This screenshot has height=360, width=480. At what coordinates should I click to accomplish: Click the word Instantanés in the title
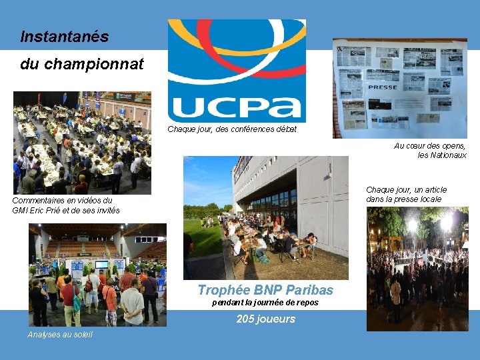64,37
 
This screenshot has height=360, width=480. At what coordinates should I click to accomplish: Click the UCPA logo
236,70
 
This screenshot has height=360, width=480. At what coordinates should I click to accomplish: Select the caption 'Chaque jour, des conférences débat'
232,129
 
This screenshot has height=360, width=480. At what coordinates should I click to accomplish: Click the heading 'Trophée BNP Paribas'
265,290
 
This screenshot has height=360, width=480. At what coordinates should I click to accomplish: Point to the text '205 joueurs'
265,319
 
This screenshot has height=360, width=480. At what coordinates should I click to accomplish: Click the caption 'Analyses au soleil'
60,334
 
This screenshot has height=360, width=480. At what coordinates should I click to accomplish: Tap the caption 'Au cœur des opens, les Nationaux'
430,150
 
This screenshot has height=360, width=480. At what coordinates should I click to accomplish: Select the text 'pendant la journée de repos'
265,303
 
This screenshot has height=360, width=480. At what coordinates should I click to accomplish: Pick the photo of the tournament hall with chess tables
82,142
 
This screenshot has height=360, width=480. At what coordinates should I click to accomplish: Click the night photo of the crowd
417,269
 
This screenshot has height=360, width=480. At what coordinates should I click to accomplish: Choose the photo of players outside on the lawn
265,217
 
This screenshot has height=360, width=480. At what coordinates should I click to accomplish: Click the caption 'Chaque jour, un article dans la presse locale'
406,194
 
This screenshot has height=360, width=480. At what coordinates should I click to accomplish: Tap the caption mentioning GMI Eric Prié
66,205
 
